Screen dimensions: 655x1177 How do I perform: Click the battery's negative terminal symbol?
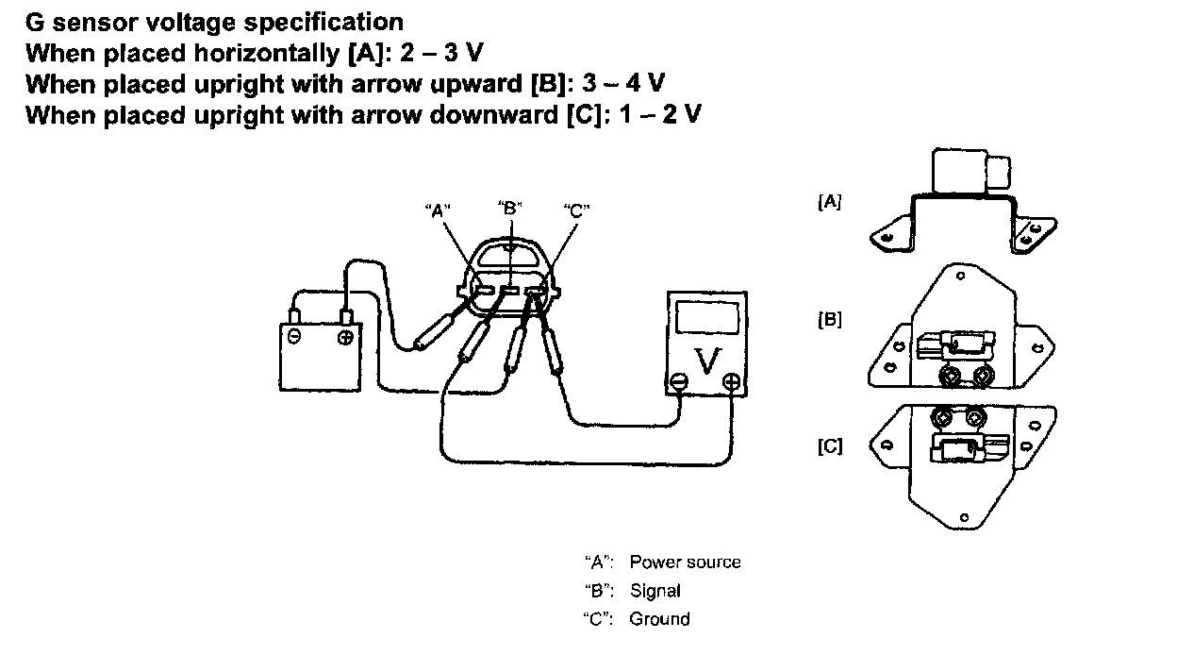point(296,337)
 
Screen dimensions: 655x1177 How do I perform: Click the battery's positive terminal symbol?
point(346,338)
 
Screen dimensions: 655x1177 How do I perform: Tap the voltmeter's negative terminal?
point(679,382)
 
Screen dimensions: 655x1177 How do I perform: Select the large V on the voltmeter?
point(705,358)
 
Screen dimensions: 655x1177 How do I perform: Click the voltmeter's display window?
point(705,316)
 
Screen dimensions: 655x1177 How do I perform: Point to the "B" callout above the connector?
point(509,207)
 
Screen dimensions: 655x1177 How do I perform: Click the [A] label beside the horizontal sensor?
point(830,201)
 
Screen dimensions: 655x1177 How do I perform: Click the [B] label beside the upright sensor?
point(830,320)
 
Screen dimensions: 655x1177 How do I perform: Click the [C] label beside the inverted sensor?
point(830,445)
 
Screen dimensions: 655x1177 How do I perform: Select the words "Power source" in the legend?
point(685,563)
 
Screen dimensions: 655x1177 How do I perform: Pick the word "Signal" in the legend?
point(655,591)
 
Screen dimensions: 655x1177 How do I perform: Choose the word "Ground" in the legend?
point(659,619)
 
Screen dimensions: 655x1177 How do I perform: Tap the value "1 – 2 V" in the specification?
point(666,115)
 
